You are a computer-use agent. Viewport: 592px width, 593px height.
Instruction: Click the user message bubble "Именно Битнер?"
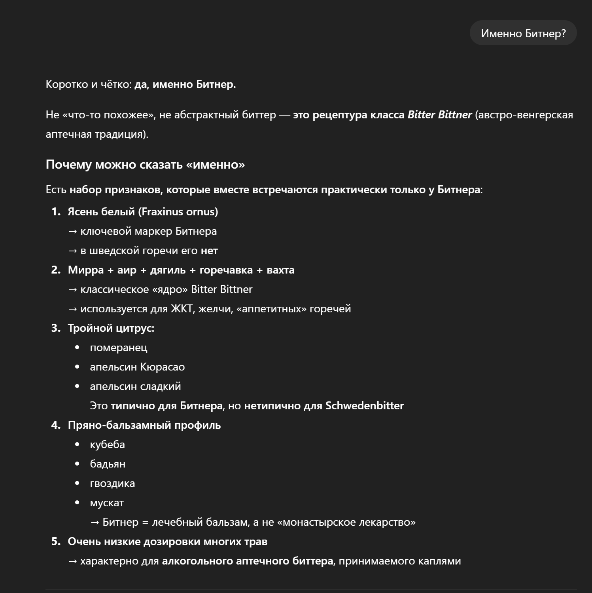[x=523, y=33]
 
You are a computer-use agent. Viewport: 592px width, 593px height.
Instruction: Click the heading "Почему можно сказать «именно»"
[x=145, y=164]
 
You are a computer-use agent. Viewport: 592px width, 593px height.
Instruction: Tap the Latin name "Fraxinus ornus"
[x=178, y=212]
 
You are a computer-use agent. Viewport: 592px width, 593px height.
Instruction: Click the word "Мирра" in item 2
[x=85, y=270]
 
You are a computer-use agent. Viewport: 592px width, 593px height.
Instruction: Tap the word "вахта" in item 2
[x=280, y=270]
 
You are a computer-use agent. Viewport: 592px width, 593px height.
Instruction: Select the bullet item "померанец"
[x=118, y=348]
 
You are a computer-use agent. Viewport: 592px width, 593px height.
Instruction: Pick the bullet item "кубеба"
[x=107, y=445]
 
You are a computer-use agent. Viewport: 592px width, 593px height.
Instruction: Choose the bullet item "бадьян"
[x=108, y=464]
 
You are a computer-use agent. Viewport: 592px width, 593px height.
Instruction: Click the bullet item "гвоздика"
[x=112, y=483]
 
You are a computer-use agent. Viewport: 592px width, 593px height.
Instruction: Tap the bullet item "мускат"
[x=107, y=503]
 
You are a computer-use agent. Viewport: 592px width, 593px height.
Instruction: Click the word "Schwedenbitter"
[x=364, y=406]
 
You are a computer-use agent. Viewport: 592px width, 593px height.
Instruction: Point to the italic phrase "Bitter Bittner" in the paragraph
[x=439, y=115]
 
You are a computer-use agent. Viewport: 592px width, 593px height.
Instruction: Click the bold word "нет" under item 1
[x=209, y=251]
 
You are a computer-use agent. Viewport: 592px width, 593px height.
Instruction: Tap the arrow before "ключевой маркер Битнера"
[x=72, y=231]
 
